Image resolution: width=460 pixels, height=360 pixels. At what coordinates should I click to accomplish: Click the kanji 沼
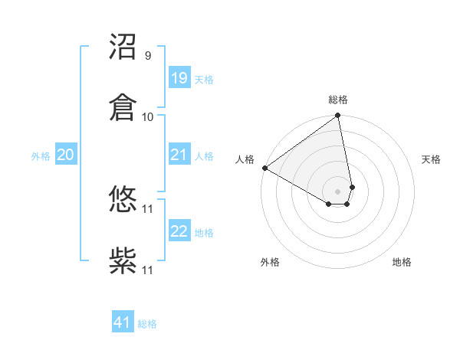[123, 47]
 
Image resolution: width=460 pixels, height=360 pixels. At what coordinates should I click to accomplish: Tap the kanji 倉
[123, 106]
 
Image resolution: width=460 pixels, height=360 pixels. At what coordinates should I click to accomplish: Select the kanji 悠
[123, 201]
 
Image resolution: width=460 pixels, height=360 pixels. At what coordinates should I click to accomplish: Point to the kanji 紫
[123, 260]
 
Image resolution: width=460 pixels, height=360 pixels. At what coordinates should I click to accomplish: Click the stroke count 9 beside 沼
[147, 56]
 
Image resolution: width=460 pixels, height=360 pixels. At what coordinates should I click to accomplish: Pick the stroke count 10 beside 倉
[148, 116]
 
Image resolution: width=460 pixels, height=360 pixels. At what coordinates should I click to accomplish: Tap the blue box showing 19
[179, 78]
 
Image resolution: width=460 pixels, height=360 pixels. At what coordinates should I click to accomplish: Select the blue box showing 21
[179, 155]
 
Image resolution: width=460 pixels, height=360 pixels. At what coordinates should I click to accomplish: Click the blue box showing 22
[179, 231]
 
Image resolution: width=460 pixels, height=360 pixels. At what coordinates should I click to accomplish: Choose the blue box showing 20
[65, 155]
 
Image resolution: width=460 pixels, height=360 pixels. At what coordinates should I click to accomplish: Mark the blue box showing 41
[122, 322]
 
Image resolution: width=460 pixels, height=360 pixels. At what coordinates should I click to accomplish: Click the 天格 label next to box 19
[204, 80]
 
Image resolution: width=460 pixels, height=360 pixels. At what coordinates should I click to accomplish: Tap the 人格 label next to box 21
[204, 156]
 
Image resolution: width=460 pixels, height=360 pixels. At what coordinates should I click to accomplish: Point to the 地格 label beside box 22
[204, 233]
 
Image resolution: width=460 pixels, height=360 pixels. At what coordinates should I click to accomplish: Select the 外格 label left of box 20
[41, 156]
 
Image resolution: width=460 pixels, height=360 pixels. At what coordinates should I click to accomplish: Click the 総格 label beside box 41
[147, 324]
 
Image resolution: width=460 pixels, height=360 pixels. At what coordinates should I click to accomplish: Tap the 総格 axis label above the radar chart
[338, 100]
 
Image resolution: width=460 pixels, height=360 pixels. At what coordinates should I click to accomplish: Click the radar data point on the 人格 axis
[264, 168]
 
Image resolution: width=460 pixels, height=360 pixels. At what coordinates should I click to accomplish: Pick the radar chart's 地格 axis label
[402, 262]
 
